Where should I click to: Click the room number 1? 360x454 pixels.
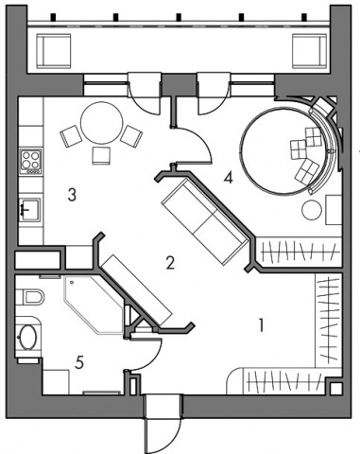point(261,325)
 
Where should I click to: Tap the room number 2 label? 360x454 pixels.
point(170,262)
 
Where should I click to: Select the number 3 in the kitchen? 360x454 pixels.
point(72,195)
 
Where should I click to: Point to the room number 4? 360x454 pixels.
point(228,178)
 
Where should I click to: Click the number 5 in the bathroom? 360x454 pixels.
point(79,362)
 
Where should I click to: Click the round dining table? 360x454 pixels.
point(101,123)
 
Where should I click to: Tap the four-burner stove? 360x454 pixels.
point(30,162)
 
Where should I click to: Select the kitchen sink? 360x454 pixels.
point(29,209)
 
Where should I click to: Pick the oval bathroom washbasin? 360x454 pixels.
point(28,337)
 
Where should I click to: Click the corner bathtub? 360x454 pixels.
point(94,305)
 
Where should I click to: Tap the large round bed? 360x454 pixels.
point(283,150)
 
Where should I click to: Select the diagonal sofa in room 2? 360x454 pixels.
point(205,220)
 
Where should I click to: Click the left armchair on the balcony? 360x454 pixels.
point(54,51)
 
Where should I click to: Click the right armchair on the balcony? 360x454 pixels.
point(309,51)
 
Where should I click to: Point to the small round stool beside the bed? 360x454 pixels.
point(312,210)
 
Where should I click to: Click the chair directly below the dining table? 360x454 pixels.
point(101,155)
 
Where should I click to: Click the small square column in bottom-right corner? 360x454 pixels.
point(336,389)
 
